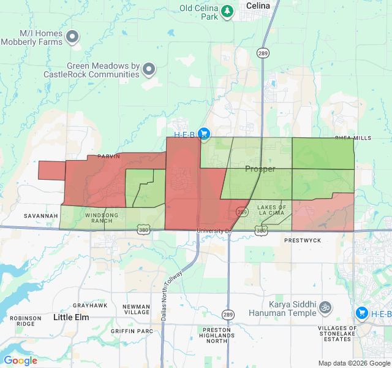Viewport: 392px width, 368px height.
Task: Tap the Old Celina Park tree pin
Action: (x=228, y=11)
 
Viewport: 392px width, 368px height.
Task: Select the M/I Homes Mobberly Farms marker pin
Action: (x=73, y=37)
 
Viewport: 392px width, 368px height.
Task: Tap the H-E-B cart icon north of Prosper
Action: (x=204, y=134)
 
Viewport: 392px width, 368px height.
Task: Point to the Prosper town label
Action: (x=260, y=169)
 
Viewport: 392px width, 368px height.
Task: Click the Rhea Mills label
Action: (x=353, y=138)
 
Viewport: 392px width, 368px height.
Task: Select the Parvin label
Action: (x=108, y=157)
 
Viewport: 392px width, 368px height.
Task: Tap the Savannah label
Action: (x=41, y=216)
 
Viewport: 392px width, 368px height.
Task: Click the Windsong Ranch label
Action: (x=98, y=218)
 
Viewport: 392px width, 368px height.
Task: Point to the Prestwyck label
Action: (x=303, y=240)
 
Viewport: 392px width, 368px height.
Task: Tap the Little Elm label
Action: (x=71, y=317)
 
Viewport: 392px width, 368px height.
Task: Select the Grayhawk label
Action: (x=90, y=305)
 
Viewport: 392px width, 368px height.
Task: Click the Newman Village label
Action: (x=136, y=309)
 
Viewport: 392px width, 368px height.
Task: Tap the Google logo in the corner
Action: (x=20, y=361)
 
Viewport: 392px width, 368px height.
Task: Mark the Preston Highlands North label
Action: (x=217, y=335)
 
